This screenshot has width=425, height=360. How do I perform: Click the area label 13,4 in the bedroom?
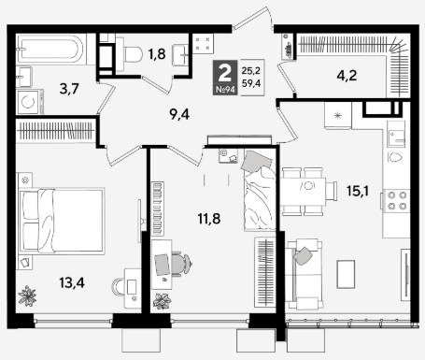pos(72,283)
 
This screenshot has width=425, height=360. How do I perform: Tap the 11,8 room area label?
pos(209,219)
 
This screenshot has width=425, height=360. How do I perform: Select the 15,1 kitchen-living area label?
pos(358,191)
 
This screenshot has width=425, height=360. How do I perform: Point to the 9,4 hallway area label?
pos(179,115)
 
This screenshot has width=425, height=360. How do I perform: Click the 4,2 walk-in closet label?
pos(347,76)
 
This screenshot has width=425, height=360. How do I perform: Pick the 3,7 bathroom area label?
pos(69,90)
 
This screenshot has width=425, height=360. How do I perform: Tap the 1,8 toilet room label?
pos(157,54)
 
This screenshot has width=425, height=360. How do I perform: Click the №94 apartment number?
pos(225,90)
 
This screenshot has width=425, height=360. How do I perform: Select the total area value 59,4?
pos(251,83)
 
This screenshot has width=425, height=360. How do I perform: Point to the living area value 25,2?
pos(251,71)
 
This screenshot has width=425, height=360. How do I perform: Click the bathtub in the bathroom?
pos(50,50)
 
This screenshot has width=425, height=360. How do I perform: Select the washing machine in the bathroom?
pos(29,102)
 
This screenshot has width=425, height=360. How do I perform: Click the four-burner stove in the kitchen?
pos(396,201)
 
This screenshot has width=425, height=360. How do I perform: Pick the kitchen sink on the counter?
pos(396,134)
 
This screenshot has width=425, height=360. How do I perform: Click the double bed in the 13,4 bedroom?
pos(62,220)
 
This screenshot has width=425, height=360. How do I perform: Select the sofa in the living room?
pos(304,274)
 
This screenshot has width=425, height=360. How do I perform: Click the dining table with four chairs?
pos(305,192)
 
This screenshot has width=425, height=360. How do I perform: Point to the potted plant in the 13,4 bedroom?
pos(27,295)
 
